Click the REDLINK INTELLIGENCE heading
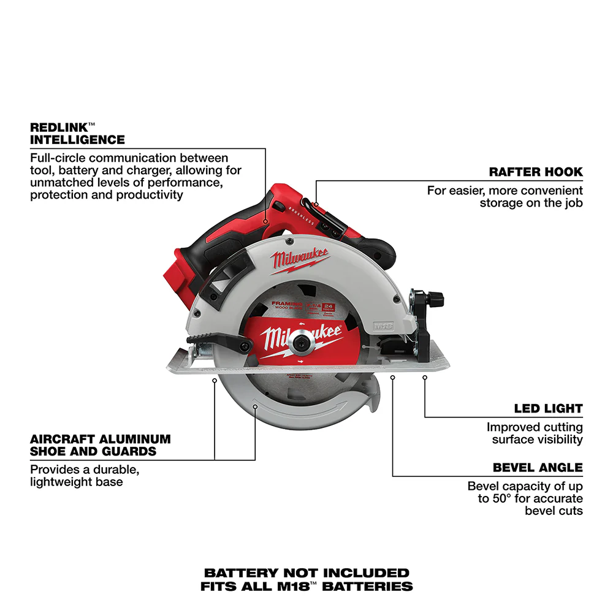pos(77,134)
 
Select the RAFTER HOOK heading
pos(536,172)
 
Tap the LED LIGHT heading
pos(548,408)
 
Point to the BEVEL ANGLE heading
pos(538,468)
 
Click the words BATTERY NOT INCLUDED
pos(306,573)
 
